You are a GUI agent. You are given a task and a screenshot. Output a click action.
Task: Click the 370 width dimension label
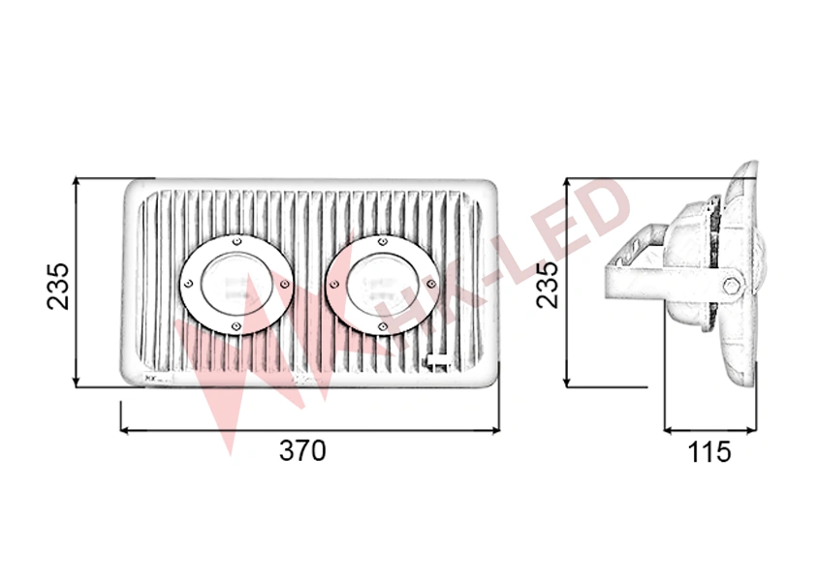click(302, 451)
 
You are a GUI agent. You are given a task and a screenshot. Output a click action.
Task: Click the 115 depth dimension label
click(709, 452)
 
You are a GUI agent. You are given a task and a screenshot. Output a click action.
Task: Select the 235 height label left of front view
click(58, 286)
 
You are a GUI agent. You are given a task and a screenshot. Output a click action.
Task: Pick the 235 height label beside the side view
click(547, 285)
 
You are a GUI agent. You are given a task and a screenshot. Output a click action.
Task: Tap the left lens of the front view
click(236, 285)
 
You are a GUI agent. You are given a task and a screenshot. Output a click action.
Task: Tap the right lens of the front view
click(383, 285)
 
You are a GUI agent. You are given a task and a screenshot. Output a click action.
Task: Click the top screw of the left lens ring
click(237, 241)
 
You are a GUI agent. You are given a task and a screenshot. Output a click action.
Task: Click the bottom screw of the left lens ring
click(236, 326)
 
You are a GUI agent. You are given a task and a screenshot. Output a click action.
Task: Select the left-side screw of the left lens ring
click(188, 284)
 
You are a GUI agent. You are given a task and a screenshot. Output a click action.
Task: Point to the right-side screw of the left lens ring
click(285, 284)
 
